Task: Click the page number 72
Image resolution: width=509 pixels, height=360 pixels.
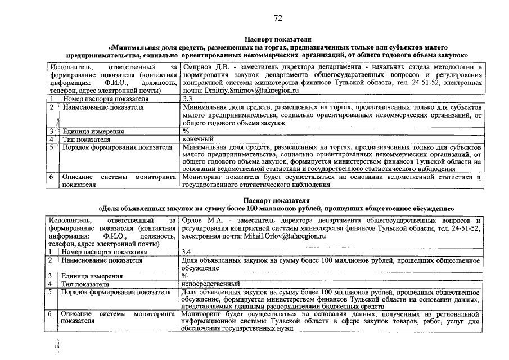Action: (x=278, y=18)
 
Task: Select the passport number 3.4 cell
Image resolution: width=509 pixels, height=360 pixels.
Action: (x=188, y=252)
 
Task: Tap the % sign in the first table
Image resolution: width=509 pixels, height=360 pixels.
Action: (x=186, y=131)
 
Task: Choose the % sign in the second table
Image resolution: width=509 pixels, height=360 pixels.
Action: (x=186, y=276)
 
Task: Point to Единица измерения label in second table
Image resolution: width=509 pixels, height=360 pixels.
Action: (x=92, y=276)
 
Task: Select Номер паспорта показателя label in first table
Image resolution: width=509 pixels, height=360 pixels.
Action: (x=105, y=98)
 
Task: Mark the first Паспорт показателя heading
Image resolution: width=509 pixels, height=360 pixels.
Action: (x=277, y=39)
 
